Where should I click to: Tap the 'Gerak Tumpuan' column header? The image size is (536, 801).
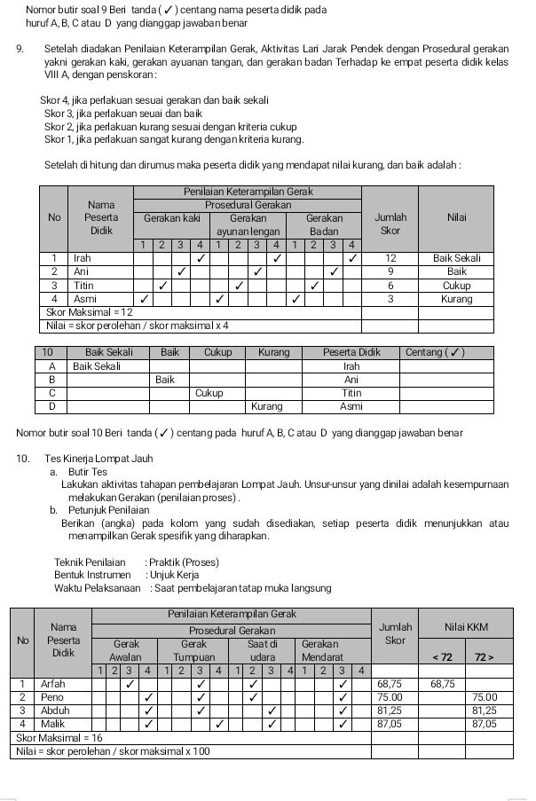coord(193,649)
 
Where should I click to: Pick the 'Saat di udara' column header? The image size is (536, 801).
coord(264,649)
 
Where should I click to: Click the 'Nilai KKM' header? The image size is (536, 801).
coord(466,628)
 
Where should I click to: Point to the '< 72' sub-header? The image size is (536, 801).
coord(442,656)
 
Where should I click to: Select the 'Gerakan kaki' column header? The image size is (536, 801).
coord(171,217)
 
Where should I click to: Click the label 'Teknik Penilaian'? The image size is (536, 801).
coord(90,562)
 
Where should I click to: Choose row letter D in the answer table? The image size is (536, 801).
coord(51,405)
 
